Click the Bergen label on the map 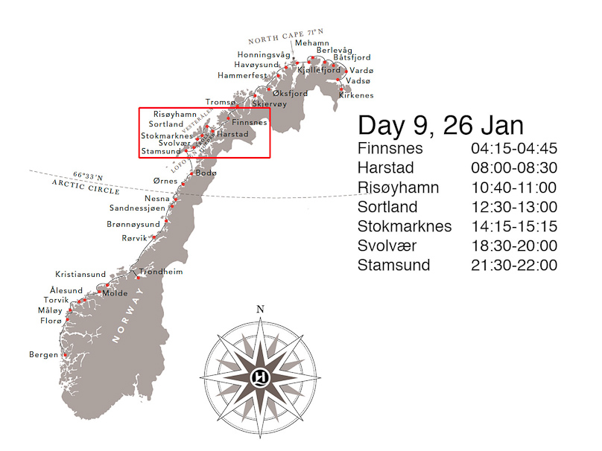[x=43, y=354]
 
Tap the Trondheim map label [x=161, y=272]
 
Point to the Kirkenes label [x=356, y=95]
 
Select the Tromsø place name [x=220, y=102]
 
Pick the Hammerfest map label [x=242, y=75]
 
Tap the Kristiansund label [x=80, y=274]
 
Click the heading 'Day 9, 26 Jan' [x=440, y=124]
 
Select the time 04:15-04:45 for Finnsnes [x=513, y=147]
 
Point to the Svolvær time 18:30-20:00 [x=513, y=246]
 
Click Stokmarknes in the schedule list [x=405, y=226]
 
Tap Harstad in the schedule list [x=386, y=167]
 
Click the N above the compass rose [x=260, y=309]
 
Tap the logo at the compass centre [x=260, y=375]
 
